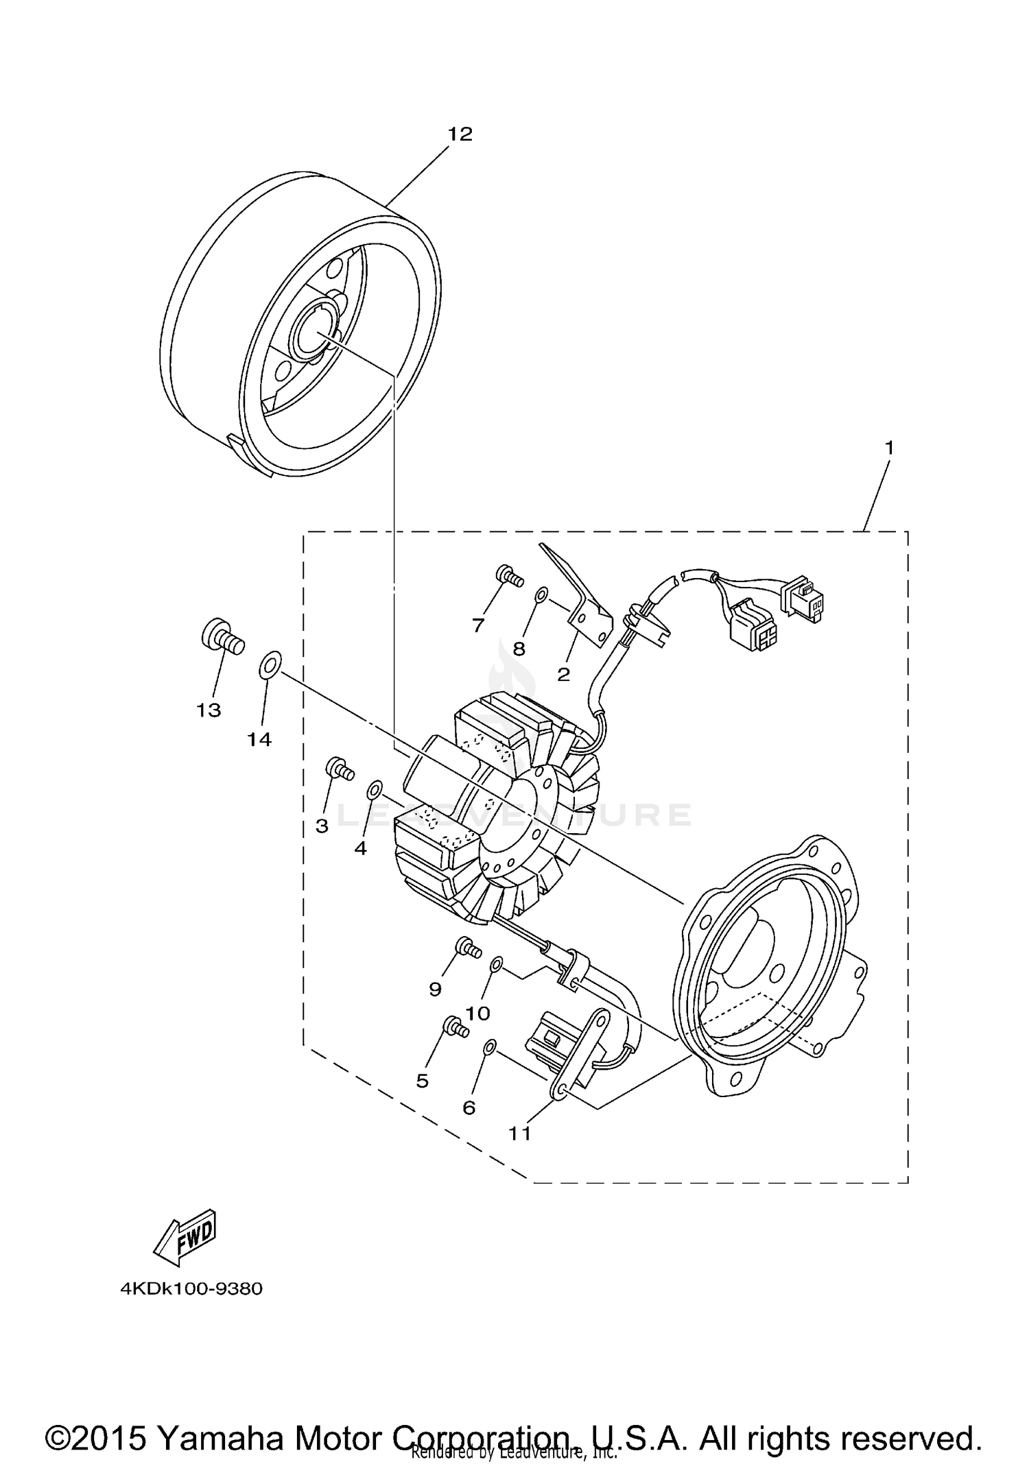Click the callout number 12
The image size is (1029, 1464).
click(460, 134)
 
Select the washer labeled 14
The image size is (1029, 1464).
click(270, 664)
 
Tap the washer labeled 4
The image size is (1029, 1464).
click(375, 789)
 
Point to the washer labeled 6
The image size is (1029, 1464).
click(488, 1047)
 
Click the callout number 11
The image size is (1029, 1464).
click(520, 1133)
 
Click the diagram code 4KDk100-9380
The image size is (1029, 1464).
click(191, 1289)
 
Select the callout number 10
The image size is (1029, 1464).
click(477, 1013)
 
